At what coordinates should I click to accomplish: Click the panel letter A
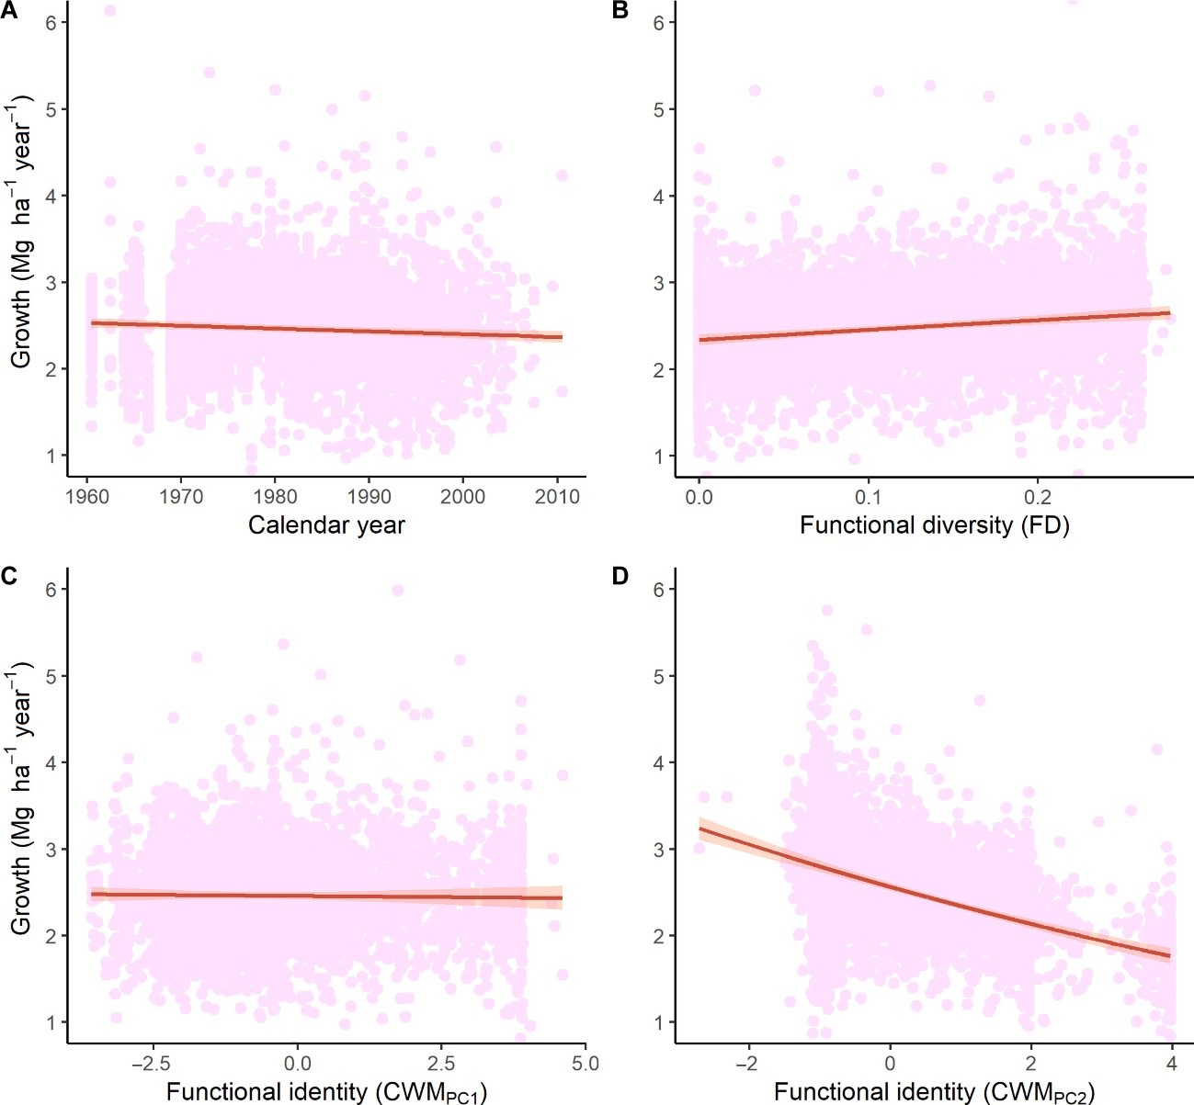coord(9,10)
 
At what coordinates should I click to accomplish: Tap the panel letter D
coord(620,576)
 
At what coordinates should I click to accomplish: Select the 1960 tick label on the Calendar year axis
coord(86,497)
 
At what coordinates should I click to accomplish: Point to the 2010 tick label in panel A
coord(557,497)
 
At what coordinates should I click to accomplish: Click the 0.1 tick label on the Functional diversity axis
coord(868,497)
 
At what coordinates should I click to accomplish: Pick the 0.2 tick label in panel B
coord(1037,497)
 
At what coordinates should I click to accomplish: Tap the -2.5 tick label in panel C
coord(152,1064)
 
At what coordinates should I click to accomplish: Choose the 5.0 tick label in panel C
coord(585,1064)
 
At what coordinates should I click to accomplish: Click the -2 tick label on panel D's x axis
coord(748,1064)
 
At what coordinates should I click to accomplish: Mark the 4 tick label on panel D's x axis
coord(1172,1064)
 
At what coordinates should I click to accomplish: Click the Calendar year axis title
coord(326,525)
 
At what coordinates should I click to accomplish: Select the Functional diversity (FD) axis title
coord(934,525)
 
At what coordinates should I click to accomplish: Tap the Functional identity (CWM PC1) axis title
coord(326,1093)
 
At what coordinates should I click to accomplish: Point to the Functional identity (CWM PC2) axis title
coord(934,1093)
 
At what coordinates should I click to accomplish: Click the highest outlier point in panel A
coord(109,11)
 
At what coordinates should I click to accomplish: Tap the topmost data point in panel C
coord(397,590)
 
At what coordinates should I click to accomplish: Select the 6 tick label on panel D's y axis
coord(658,589)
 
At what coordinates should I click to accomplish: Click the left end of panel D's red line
coord(700,829)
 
